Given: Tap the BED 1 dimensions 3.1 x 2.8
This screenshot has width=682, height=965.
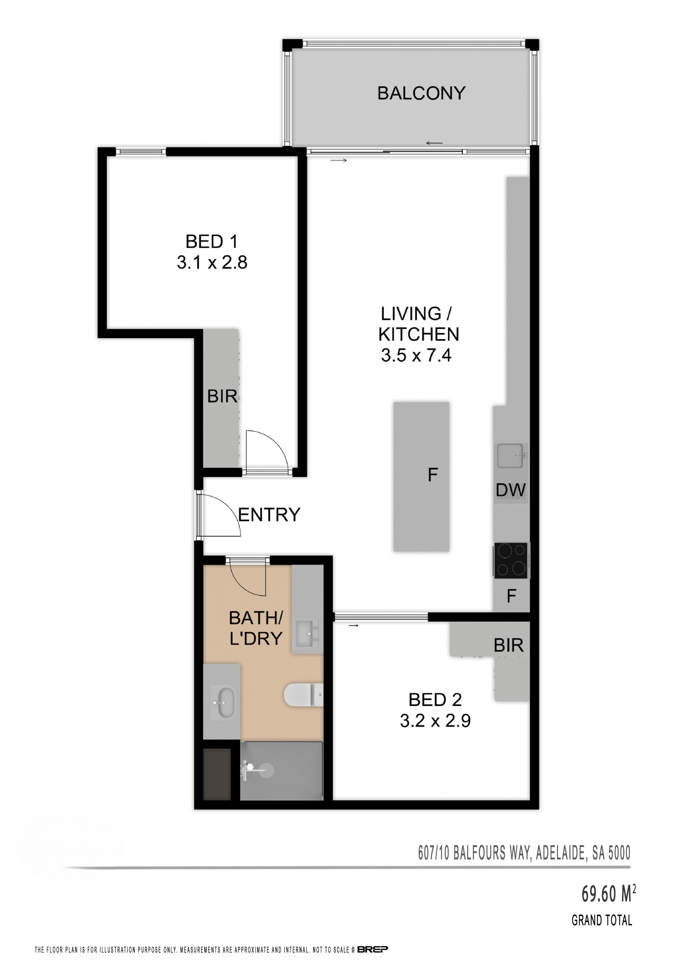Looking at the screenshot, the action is click(212, 263).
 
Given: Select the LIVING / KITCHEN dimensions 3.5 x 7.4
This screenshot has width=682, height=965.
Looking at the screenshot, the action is click(416, 355).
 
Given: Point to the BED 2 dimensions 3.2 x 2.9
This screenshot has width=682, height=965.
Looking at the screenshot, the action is click(435, 721).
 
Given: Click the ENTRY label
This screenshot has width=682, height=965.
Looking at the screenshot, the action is click(269, 514).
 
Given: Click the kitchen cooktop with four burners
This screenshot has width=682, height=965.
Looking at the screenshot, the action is click(511, 561).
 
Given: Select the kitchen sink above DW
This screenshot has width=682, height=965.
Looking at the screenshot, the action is click(511, 456).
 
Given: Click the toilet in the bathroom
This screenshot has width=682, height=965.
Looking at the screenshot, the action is click(304, 695).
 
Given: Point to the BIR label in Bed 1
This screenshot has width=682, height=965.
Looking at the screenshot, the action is click(222, 396).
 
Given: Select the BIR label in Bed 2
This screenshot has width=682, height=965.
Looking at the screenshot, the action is click(509, 645).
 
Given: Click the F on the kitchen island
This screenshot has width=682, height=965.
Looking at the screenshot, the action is click(433, 475).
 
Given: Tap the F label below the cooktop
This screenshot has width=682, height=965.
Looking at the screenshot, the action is click(511, 596).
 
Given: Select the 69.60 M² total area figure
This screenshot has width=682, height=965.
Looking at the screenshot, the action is click(608, 894).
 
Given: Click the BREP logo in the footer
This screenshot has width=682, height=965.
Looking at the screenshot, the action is click(373, 949).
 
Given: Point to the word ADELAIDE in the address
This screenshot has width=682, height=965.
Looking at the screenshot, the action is click(561, 853).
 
